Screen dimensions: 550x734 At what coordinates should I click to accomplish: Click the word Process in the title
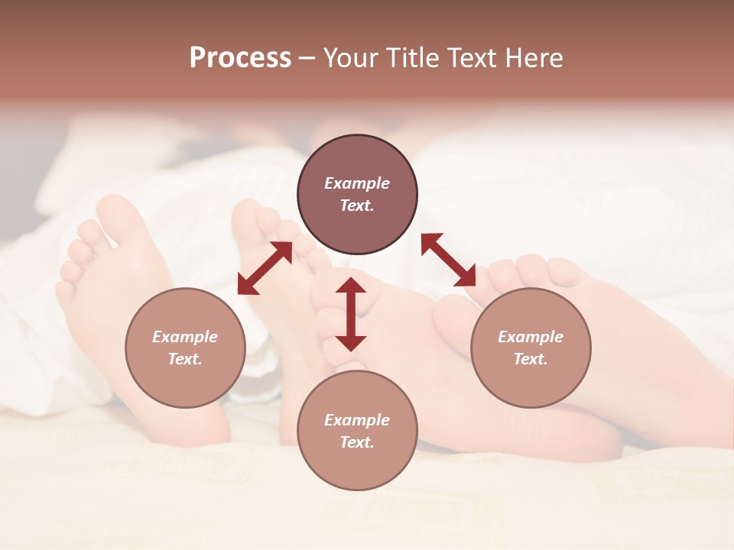coord(240,58)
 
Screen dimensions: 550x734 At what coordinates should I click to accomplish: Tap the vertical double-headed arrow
coord(351,314)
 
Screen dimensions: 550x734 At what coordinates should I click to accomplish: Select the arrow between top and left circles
coord(265,268)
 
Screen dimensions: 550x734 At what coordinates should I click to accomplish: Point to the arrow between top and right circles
coord(448,260)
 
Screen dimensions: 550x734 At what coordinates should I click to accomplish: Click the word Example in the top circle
coord(357,183)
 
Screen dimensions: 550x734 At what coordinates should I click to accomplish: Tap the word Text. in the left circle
coord(185,359)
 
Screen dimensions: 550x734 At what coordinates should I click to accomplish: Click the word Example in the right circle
coord(531,337)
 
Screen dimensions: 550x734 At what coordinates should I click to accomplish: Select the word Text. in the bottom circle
coord(357,442)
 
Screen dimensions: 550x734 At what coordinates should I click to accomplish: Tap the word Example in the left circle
coord(185,337)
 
